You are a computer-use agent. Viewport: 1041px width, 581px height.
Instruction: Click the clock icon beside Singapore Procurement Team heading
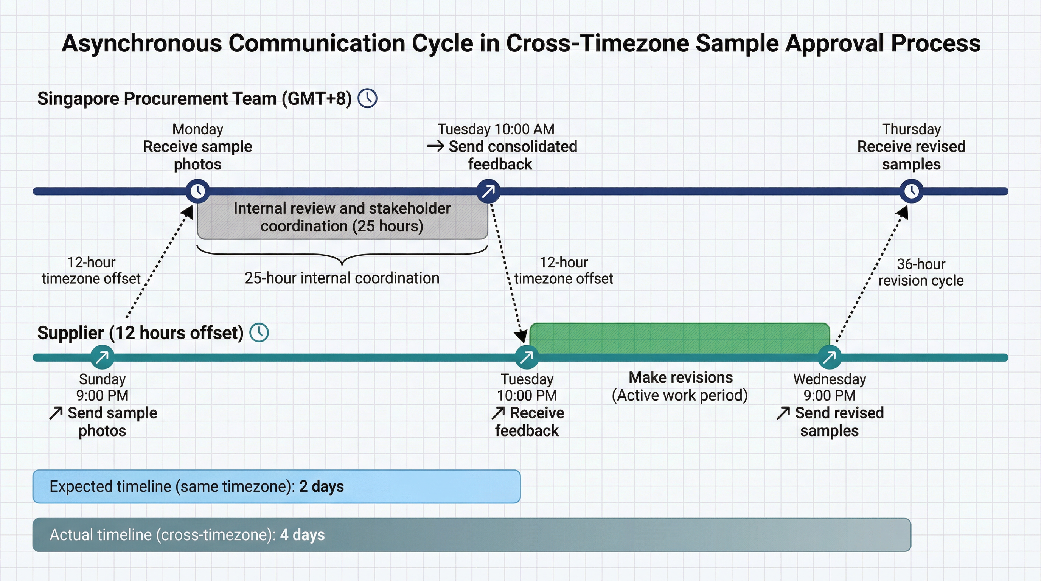tap(367, 98)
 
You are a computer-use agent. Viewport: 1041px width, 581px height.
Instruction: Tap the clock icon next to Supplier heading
tap(259, 332)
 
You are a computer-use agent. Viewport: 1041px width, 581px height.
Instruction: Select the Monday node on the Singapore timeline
tap(197, 191)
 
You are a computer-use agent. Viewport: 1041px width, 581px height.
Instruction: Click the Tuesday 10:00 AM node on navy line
tap(488, 191)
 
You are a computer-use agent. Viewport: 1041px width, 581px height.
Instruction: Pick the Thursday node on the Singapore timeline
tap(911, 191)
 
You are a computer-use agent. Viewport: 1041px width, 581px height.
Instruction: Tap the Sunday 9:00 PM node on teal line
tap(102, 357)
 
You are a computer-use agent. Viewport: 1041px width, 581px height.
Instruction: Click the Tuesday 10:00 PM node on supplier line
tap(527, 357)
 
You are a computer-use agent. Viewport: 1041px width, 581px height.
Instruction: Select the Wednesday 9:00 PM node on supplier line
tap(829, 357)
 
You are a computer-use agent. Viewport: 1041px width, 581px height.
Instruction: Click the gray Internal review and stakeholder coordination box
tap(342, 217)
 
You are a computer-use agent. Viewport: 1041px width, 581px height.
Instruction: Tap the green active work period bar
tap(680, 338)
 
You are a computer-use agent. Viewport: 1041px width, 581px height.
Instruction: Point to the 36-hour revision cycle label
tap(921, 272)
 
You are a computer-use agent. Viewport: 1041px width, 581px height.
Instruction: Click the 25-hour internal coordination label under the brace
tap(342, 278)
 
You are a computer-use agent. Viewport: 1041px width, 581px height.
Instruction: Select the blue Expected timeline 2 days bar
tap(277, 486)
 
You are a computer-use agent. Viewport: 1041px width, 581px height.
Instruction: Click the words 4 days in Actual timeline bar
tap(302, 535)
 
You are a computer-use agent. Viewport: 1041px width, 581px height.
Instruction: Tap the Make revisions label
tap(681, 378)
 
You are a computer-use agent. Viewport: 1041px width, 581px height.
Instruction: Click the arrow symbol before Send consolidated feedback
tap(436, 146)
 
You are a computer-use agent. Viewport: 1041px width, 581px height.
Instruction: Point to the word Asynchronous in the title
tap(141, 43)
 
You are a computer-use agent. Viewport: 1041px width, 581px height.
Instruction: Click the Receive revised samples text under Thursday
tap(911, 155)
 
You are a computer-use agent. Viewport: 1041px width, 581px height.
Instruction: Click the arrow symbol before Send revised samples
tap(783, 413)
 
